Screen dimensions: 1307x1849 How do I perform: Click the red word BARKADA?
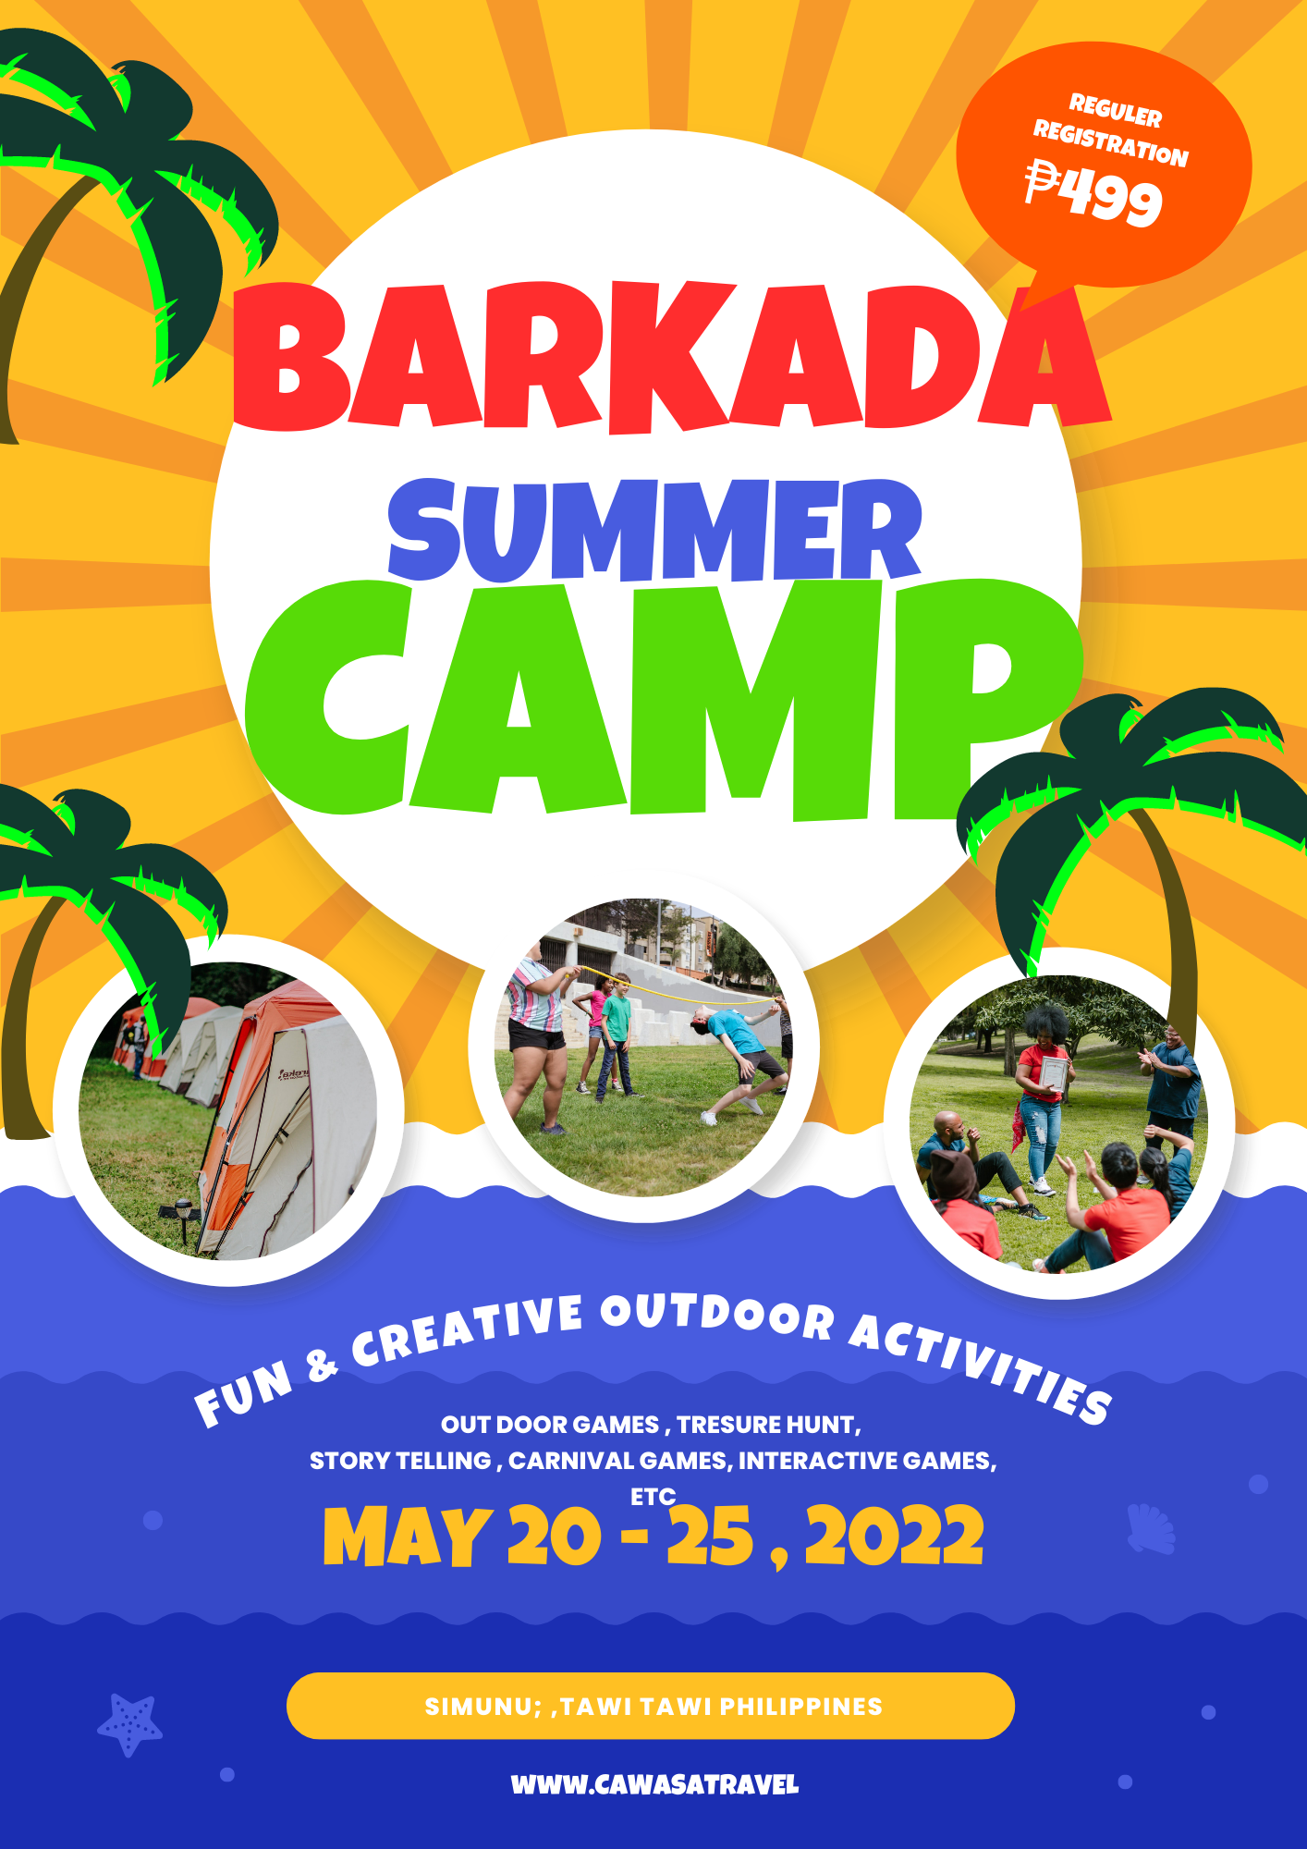pos(672,359)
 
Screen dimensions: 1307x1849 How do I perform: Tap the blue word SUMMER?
pos(654,531)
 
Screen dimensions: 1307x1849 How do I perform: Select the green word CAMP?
pos(663,700)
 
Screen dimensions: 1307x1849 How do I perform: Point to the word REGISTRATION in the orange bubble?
pos(1110,143)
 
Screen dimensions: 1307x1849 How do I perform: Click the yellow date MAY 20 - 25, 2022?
pos(653,1537)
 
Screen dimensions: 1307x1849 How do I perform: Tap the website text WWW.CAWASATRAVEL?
pos(654,1784)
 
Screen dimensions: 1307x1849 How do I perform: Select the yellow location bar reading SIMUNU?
pos(651,1706)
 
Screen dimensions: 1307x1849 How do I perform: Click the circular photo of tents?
pos(228,1110)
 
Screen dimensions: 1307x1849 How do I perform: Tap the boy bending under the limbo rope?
pos(739,1063)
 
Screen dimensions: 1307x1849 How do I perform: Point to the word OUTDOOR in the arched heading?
pos(717,1316)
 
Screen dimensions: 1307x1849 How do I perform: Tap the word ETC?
pos(653,1496)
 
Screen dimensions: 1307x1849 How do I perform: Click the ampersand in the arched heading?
pos(321,1365)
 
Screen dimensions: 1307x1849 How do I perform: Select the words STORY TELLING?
pos(400,1461)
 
